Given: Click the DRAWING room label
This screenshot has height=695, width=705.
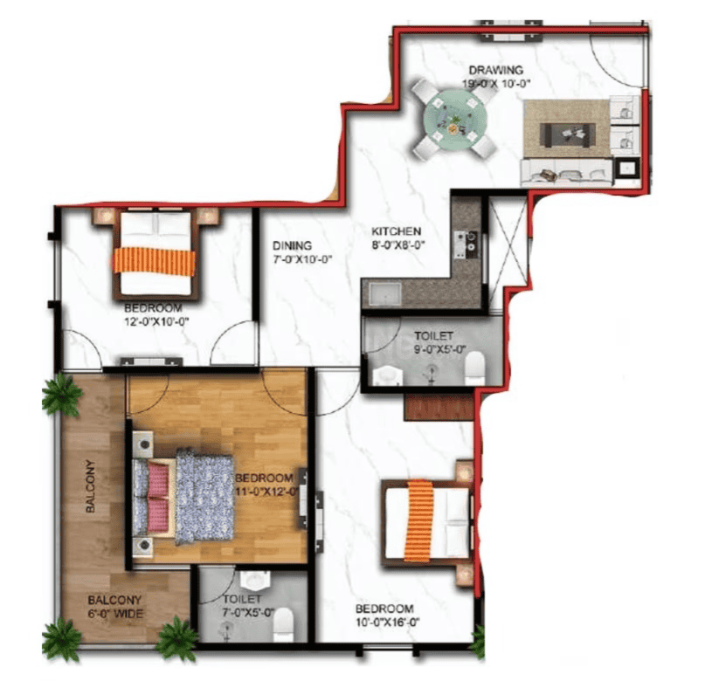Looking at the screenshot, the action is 496,71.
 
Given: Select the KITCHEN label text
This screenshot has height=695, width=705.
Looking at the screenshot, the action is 396,232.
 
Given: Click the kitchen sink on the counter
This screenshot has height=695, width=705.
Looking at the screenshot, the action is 385,295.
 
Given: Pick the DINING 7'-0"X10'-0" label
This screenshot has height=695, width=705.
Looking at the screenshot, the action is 302,252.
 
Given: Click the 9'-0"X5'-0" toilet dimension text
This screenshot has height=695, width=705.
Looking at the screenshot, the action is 439,350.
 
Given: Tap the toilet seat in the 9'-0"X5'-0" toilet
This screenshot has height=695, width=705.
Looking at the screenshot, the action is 475,368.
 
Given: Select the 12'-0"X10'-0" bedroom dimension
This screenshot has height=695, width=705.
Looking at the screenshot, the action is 156,321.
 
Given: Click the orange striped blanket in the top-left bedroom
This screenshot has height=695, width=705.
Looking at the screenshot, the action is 155,261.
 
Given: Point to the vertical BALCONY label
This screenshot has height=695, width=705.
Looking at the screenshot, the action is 90,486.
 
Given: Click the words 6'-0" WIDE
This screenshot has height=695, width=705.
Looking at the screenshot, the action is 115,614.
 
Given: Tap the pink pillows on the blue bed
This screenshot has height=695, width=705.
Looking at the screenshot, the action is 157,498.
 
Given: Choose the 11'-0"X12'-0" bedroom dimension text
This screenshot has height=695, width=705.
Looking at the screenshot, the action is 267,492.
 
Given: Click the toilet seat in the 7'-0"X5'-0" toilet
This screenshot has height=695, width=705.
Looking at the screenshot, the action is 284,625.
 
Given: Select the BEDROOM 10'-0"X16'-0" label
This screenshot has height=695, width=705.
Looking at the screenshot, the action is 385,616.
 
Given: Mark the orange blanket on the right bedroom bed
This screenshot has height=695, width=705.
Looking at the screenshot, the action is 419,521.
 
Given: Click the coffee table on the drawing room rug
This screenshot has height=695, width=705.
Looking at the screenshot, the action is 568,134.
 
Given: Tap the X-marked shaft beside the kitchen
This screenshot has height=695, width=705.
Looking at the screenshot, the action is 507,252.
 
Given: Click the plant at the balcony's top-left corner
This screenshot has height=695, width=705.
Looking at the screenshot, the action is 62,395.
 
